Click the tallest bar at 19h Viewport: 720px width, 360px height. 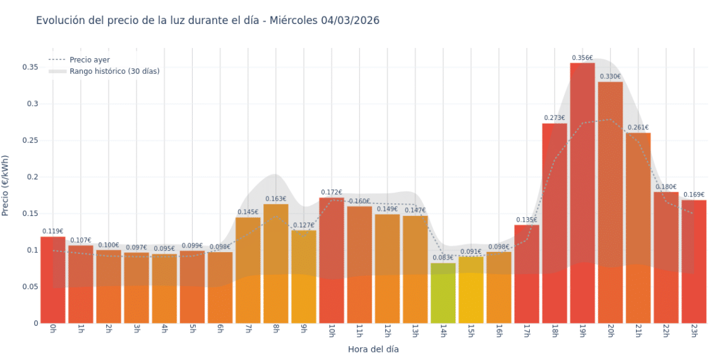coord(582,193)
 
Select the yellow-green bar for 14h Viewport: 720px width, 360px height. coord(443,293)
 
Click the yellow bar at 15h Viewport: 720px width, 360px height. coord(471,290)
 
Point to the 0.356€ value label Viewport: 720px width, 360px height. coord(582,58)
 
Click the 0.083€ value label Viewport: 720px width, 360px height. coord(443,258)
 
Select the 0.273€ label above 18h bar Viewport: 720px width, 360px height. coord(555,118)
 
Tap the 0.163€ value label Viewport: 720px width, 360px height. coord(276,199)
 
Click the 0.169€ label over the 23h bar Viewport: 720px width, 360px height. coord(693,195)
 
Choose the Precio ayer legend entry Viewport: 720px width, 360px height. coord(90,60)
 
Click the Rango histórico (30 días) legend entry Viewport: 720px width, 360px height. coord(114,71)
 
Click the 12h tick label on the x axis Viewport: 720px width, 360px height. coord(387,331)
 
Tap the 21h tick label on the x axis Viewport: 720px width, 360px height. coord(638,331)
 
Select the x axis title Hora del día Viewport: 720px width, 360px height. coord(373,349)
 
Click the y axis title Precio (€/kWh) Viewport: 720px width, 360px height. coord(6,186)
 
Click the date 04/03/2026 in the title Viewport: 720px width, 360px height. coord(350,20)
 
